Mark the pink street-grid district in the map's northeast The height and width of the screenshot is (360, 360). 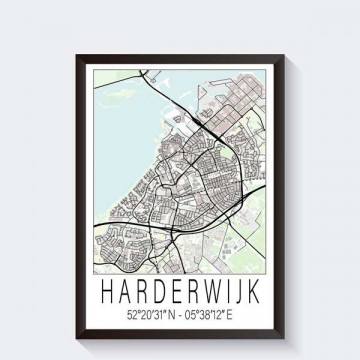pos(240,100)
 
